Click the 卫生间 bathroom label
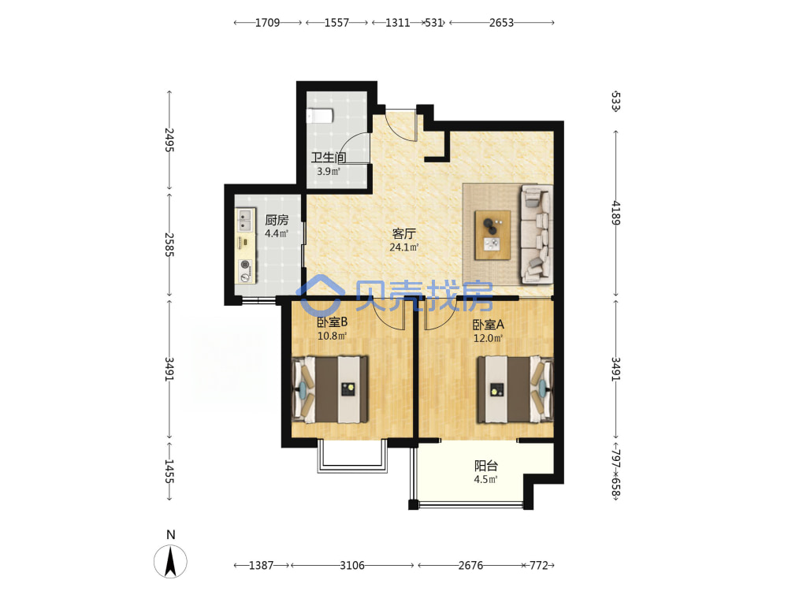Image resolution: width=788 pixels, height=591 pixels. coord(328,158)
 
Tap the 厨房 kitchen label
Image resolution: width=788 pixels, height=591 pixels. coord(277,220)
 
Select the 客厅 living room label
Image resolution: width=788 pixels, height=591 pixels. coord(404,234)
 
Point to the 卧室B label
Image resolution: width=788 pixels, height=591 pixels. coord(333,322)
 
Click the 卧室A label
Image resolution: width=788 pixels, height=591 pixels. coord(488,325)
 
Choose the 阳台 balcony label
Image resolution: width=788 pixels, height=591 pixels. coord(486,466)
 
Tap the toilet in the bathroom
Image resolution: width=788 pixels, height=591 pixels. coord(320,116)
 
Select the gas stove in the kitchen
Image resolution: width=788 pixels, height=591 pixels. coord(245,270)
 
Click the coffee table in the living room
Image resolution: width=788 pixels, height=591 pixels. coord(492,235)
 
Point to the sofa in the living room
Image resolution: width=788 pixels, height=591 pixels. coord(536,234)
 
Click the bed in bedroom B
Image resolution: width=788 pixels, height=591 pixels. coord(329,389)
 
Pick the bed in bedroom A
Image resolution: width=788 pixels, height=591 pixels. coord(515,389)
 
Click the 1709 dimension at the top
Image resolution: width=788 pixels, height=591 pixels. coord(267,23)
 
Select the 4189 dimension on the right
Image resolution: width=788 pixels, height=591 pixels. coord(616,213)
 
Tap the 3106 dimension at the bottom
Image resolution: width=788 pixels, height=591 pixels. coord(352,565)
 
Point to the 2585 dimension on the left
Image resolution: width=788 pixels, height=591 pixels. coord(169,245)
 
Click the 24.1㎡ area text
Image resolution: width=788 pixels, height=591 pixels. coord(404,247)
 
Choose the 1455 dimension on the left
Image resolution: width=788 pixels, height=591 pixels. coord(169,471)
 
